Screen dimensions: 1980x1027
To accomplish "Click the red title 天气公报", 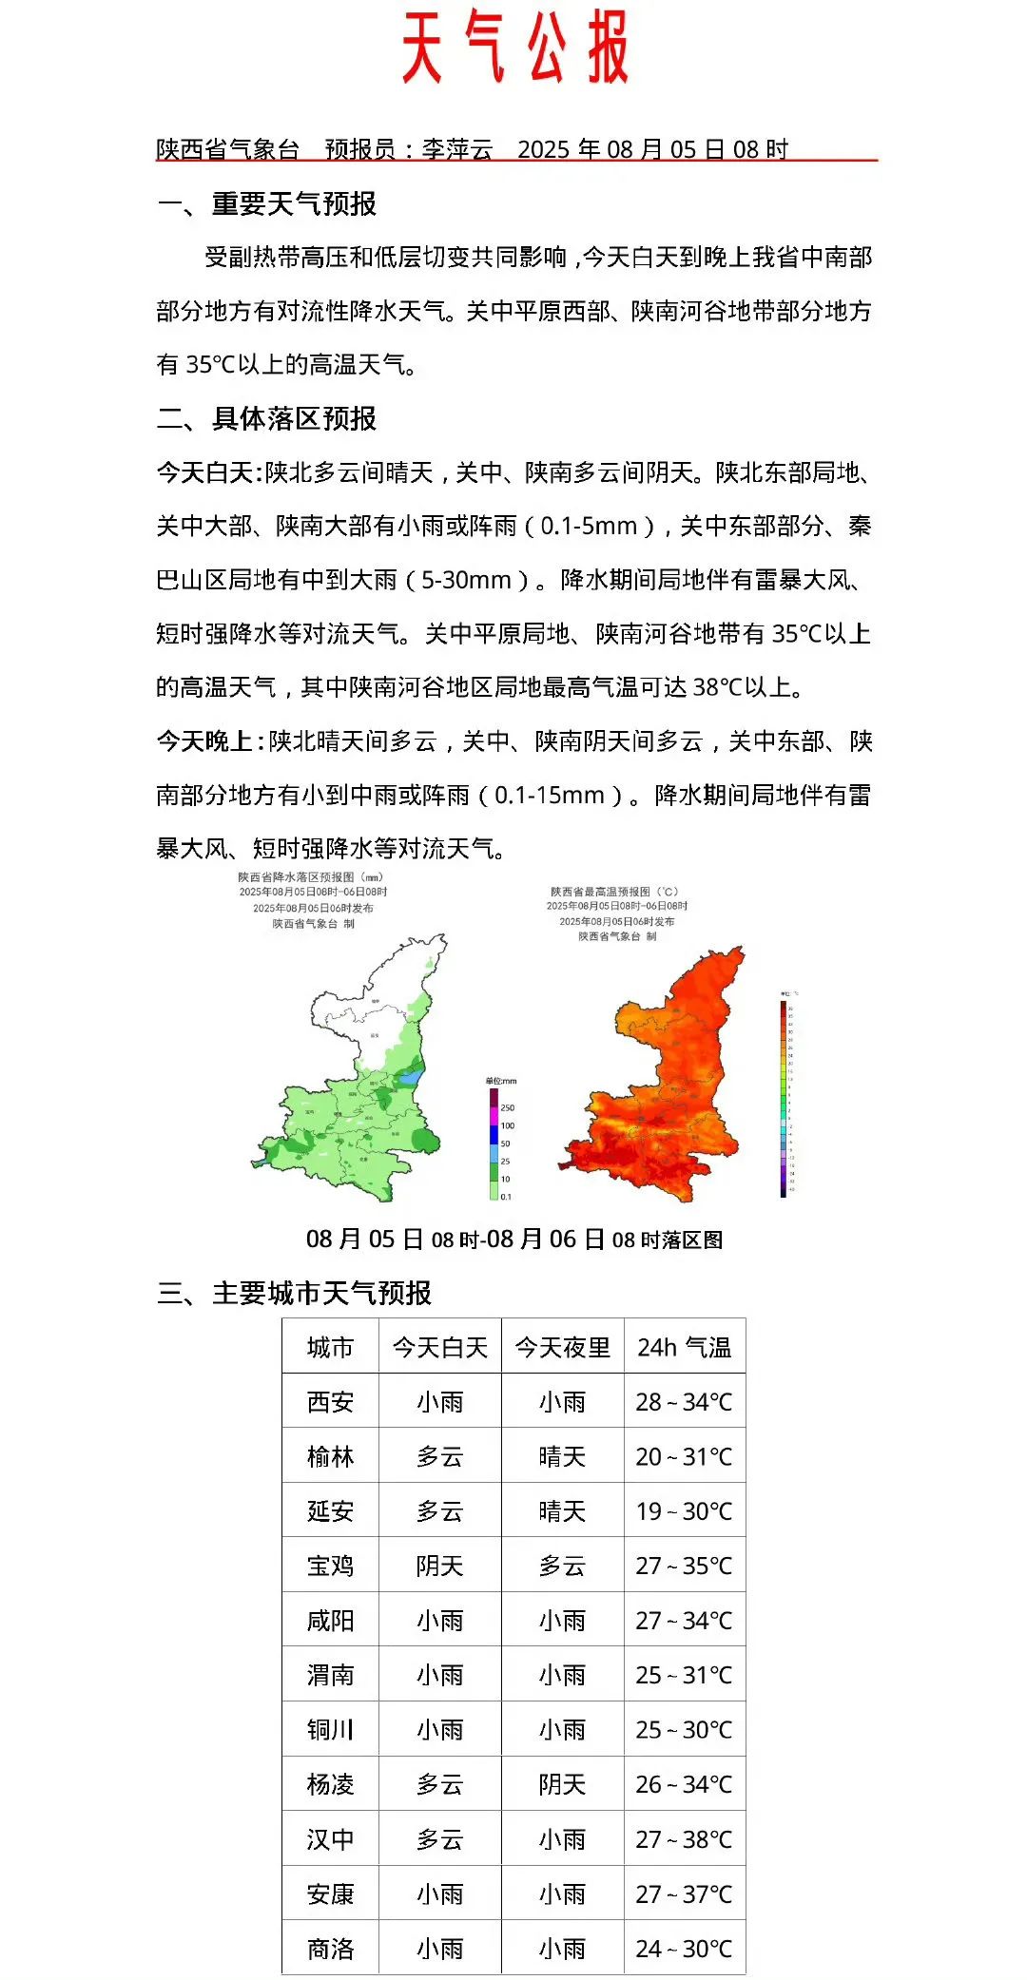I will (514, 48).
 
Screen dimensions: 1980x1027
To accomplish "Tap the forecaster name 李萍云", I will (457, 149).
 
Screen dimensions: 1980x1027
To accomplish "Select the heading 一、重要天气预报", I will (267, 203).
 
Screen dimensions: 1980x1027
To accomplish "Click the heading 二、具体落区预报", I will (267, 418).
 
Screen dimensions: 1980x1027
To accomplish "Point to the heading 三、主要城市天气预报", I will (295, 1293).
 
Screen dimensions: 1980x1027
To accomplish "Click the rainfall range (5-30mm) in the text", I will (466, 580).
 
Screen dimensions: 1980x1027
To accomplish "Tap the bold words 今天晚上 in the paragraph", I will (205, 741).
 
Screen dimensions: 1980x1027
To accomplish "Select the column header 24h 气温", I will (684, 1347).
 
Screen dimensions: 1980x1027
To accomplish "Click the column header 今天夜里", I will (562, 1347).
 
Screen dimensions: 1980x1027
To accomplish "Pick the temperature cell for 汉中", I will (684, 1839).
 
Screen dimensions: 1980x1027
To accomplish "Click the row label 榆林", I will (330, 1456).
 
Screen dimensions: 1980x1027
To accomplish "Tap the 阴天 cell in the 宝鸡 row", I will (439, 1566).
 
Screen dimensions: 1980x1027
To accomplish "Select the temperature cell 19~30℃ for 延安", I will (684, 1511).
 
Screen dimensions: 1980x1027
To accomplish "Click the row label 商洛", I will (330, 1949).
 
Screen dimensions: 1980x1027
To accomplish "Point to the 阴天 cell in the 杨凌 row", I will (562, 1784).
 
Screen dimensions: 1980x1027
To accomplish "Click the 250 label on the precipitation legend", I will (508, 1107).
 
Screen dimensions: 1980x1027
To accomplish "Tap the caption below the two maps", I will (514, 1240).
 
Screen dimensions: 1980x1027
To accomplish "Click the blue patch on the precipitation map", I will (408, 1079).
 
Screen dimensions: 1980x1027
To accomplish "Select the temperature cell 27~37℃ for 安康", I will (684, 1894).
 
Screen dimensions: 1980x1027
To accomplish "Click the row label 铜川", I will (330, 1730).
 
